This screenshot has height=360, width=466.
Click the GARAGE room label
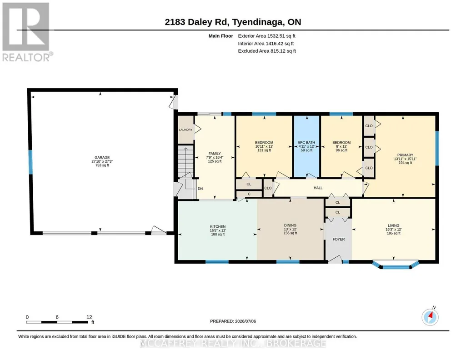(x=102, y=157)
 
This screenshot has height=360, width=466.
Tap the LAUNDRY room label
(x=185, y=130)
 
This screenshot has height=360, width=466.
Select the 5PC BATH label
(x=306, y=143)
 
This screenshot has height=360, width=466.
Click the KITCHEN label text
(x=218, y=227)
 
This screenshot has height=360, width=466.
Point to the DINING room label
(x=290, y=225)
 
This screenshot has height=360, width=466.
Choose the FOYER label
(x=339, y=239)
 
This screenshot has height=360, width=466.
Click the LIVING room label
(x=393, y=225)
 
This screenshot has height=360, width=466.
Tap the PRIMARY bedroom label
(x=406, y=155)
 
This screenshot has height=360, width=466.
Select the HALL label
(x=318, y=188)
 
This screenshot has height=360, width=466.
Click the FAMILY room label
(x=215, y=154)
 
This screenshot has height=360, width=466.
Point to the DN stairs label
(x=200, y=189)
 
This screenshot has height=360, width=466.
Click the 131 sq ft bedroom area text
(x=264, y=150)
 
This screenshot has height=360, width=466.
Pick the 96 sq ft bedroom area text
(x=341, y=150)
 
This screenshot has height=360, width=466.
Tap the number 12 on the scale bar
(x=89, y=317)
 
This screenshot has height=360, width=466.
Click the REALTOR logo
(x=27, y=32)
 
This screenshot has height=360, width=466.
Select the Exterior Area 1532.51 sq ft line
(x=266, y=36)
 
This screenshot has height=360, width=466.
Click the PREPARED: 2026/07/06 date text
(x=233, y=321)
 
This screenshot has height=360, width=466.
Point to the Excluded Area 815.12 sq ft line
(x=267, y=51)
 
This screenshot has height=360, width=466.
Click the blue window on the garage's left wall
(x=30, y=162)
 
